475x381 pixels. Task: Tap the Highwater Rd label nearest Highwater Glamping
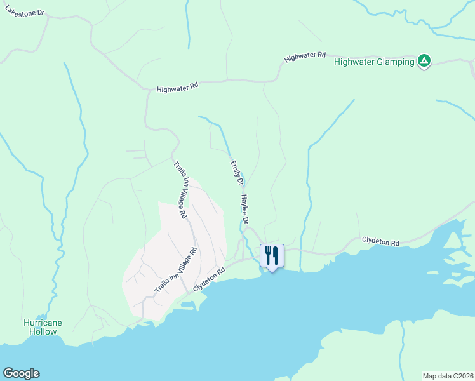[x=305, y=57]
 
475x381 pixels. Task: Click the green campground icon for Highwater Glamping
[x=424, y=62]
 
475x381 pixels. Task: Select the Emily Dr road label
[x=236, y=173]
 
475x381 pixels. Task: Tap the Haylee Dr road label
[x=244, y=209]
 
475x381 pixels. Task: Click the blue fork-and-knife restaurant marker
[x=272, y=255]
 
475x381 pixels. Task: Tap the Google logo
[x=21, y=373]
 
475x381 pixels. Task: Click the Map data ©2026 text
[x=447, y=375]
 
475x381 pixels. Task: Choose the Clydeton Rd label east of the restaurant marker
[x=380, y=242]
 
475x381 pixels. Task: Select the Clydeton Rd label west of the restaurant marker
[x=210, y=280]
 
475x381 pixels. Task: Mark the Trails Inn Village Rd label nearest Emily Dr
[x=180, y=190]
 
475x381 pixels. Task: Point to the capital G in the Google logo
[x=8, y=373]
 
